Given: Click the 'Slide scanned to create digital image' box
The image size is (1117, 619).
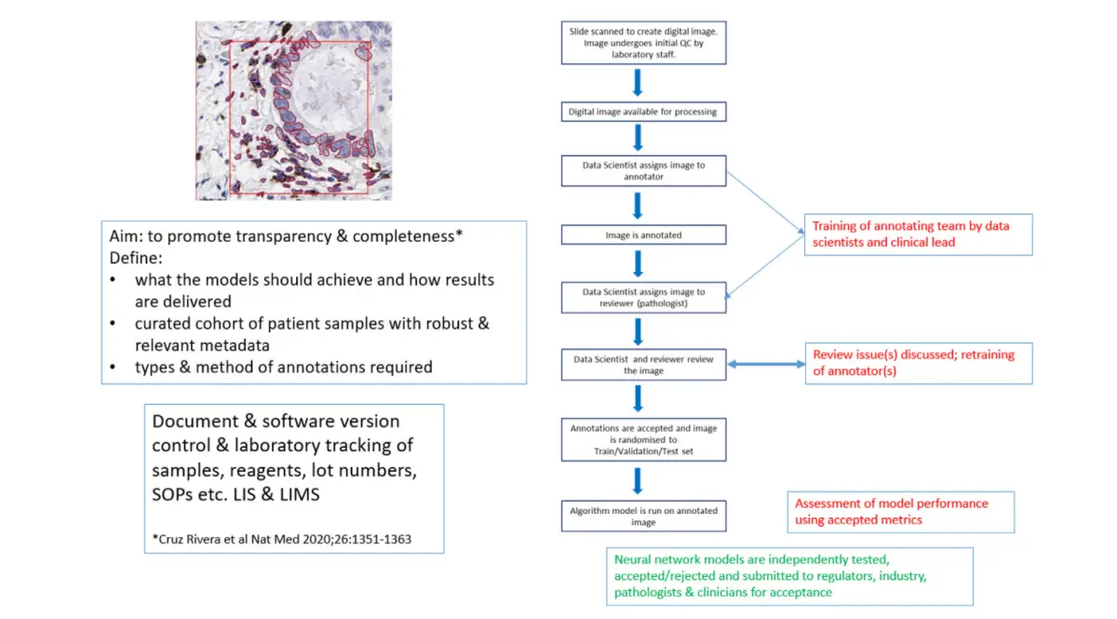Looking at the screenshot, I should point(643,43).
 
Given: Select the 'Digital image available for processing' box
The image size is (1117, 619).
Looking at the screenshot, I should point(643,113).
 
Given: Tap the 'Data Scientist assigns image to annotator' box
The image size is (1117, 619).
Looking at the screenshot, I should point(643,171).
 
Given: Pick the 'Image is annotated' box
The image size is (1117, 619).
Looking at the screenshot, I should point(643,235).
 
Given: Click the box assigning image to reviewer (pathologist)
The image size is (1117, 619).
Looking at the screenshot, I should point(643,297).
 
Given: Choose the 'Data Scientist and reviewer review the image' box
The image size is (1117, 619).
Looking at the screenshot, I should point(643,364).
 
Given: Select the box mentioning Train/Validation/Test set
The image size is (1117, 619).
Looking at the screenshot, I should point(643,439).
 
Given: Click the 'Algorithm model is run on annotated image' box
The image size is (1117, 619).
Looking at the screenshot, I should point(643,516).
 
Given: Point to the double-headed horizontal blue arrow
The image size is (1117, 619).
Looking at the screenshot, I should point(766,365).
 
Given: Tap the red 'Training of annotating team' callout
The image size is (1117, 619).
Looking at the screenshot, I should point(918,234).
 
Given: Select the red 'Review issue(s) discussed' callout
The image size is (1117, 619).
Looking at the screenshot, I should point(918,362).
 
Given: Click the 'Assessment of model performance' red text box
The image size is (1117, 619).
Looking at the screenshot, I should point(899,511).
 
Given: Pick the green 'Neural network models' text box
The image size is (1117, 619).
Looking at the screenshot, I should point(788,576).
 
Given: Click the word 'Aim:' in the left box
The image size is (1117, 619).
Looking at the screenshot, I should point(128,235).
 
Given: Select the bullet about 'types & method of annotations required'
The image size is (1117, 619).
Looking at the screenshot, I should point(283,367).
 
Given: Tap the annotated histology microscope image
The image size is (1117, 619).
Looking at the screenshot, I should point(293,111).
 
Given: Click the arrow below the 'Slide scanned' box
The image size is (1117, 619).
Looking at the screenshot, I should point(639,83).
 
